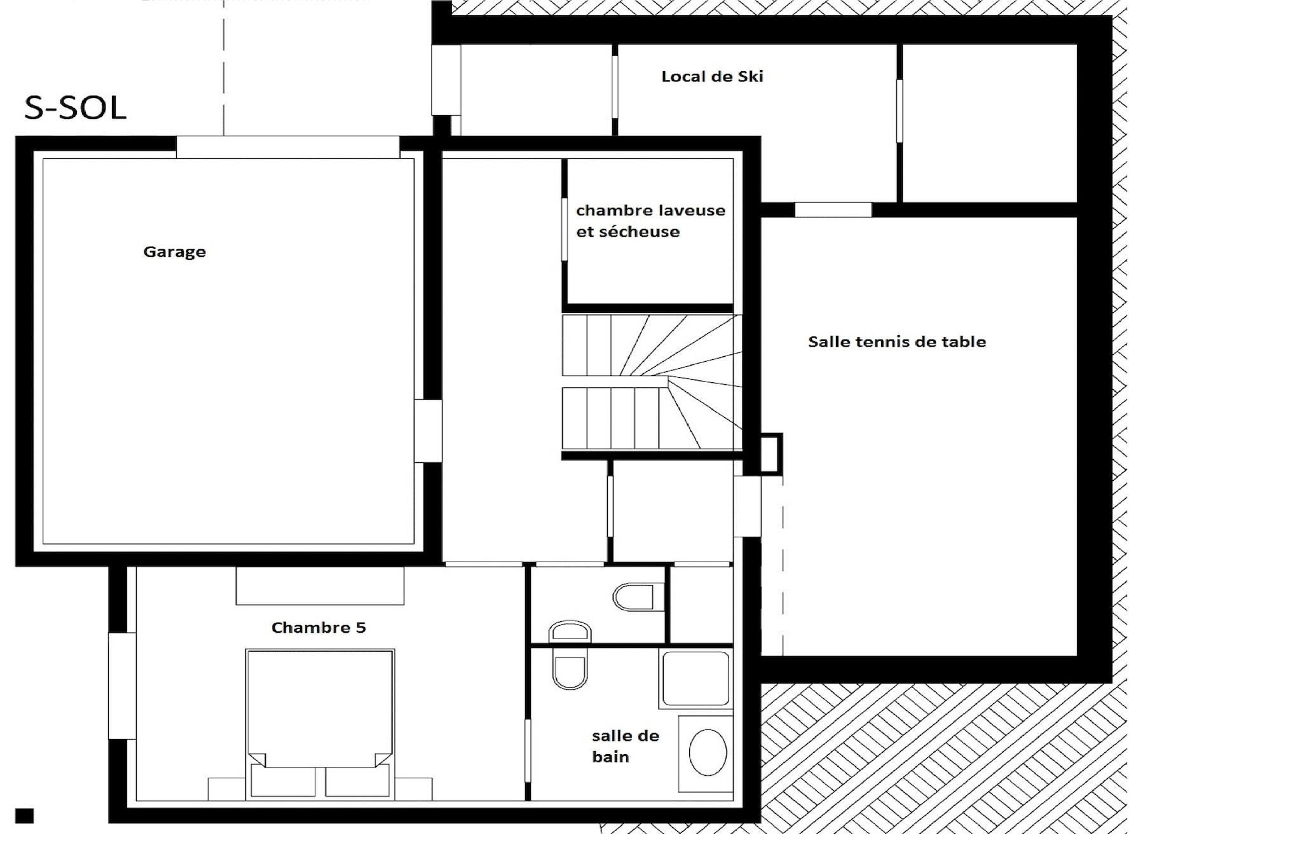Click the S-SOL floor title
coord(75,108)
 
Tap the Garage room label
coord(174,252)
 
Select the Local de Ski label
coord(712,76)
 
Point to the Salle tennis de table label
coord(897,341)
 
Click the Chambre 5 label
coord(319,628)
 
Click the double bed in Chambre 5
coord(320,723)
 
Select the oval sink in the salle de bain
coord(708,752)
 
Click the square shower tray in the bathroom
coord(696,679)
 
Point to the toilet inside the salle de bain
coord(570,668)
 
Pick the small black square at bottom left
coord(24,816)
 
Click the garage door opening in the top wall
coord(288,147)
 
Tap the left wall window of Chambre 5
coord(122,685)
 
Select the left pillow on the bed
coord(283,780)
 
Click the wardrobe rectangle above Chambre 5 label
coord(320,586)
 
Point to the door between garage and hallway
coord(428,431)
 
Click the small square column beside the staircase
coord(771,454)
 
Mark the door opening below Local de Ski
coord(833,210)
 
